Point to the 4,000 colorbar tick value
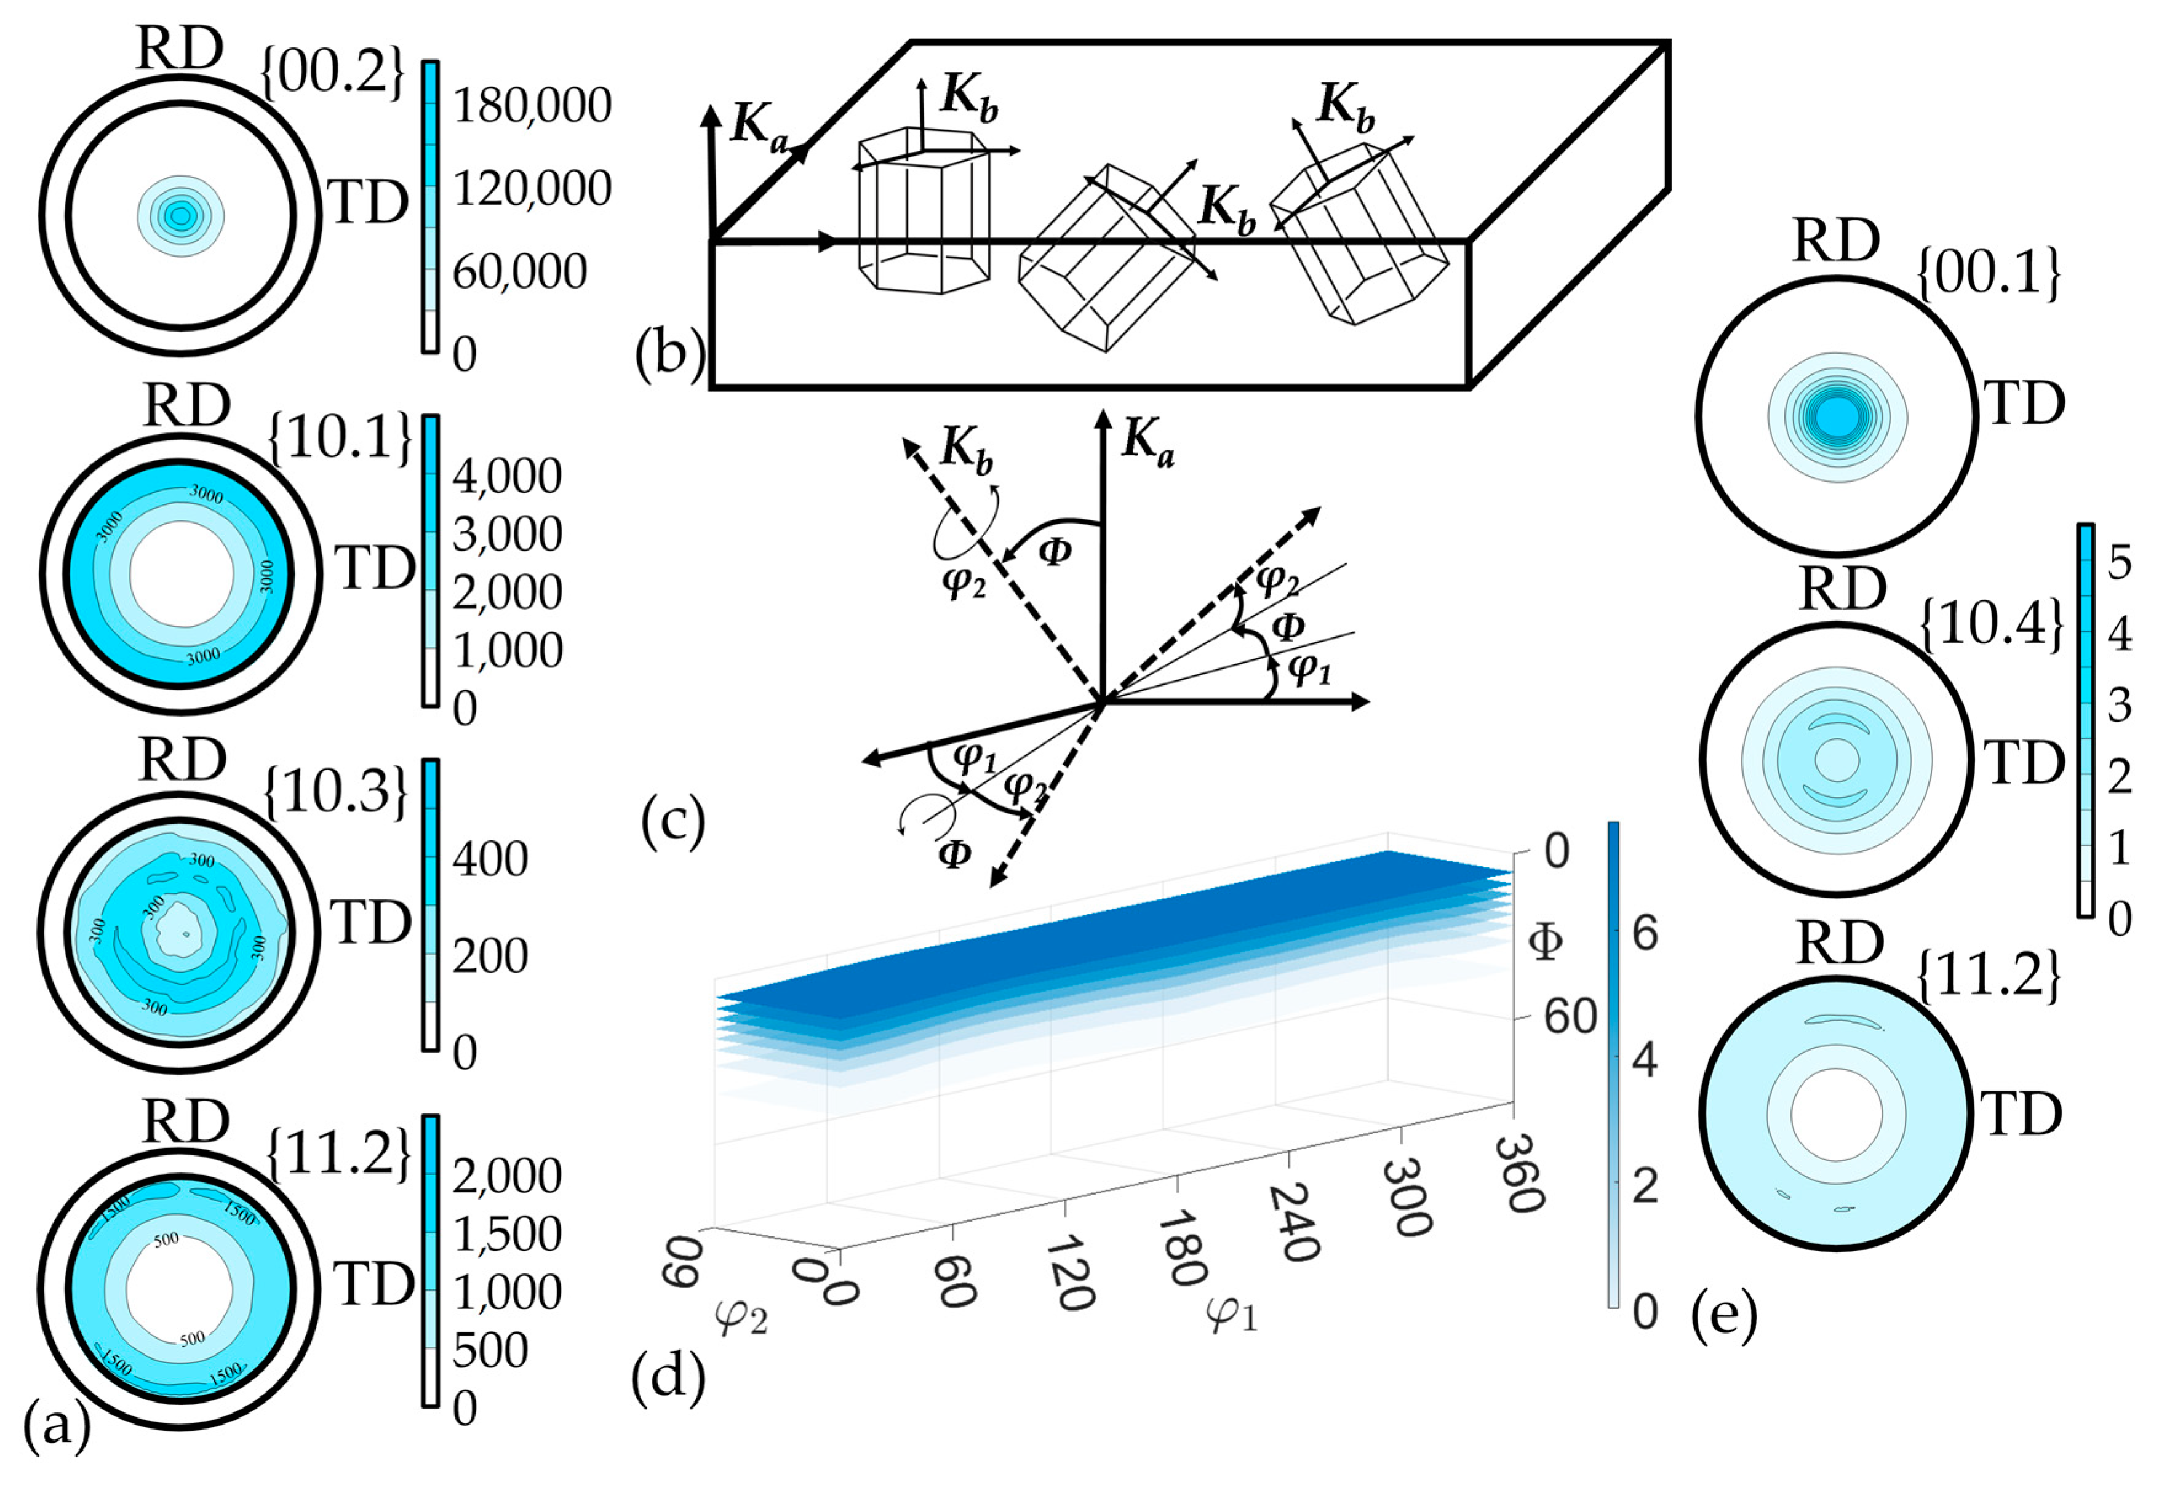[507, 476]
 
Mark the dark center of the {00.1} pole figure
[1835, 416]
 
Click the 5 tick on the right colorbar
[2119, 563]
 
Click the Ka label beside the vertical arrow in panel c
[1147, 439]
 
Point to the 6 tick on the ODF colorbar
[1645, 933]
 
